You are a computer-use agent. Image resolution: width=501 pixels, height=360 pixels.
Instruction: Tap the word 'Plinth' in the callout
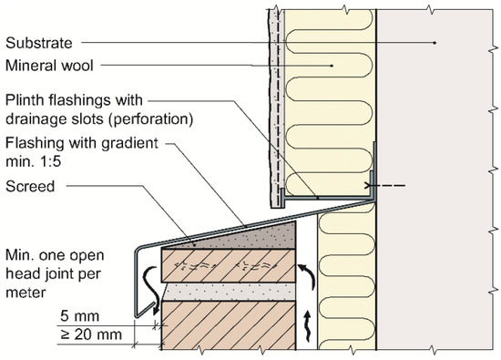click(25, 98)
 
